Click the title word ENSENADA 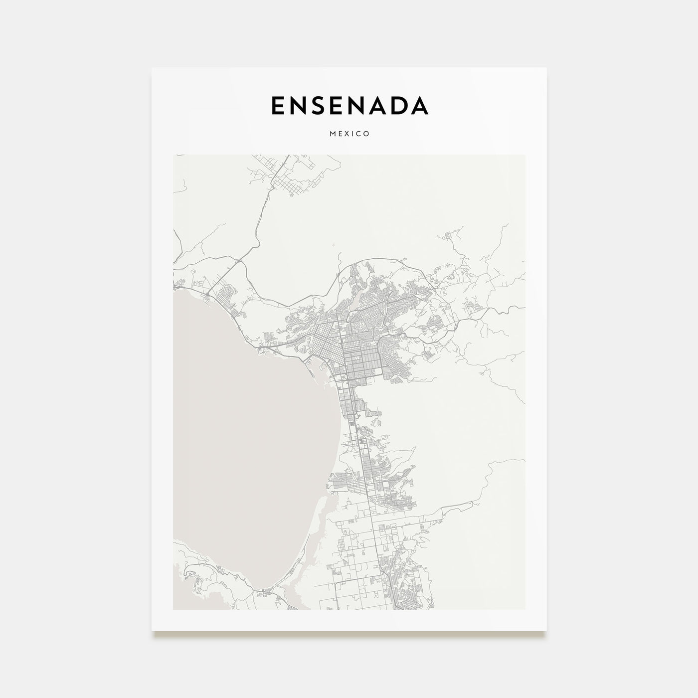click(349, 105)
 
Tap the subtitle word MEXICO click(349, 134)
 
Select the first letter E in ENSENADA click(278, 105)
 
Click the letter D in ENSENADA click(398, 105)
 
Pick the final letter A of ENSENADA click(419, 105)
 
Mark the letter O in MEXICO click(367, 134)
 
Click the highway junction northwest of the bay click(238, 260)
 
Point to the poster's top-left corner click(152, 68)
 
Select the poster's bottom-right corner click(546, 630)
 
